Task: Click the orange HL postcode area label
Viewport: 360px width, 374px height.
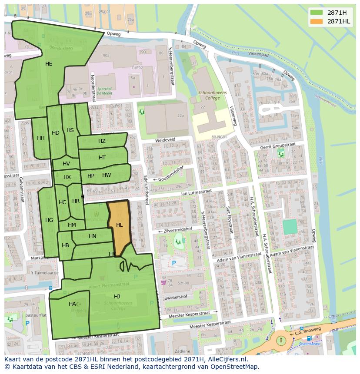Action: (x=119, y=225)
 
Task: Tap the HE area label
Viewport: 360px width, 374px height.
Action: (x=49, y=64)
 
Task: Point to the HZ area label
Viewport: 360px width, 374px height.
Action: (x=102, y=141)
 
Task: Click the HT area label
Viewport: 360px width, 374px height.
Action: (x=102, y=158)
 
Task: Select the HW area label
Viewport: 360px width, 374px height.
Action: (x=107, y=175)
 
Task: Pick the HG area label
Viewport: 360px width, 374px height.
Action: (x=49, y=220)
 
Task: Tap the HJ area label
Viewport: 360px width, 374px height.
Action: (x=117, y=296)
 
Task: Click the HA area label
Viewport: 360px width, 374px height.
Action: (x=72, y=304)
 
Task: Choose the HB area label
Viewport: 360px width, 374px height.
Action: (x=65, y=245)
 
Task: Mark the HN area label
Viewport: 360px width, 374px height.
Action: (x=92, y=236)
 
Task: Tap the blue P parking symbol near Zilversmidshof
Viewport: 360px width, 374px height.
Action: (x=174, y=263)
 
